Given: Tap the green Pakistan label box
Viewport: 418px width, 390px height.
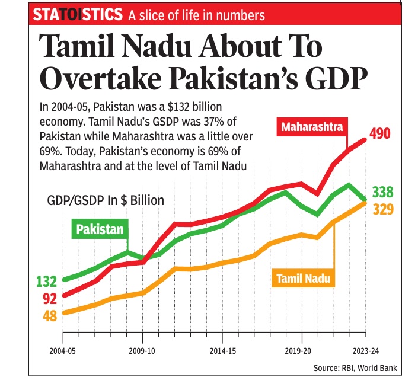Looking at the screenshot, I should [100, 228].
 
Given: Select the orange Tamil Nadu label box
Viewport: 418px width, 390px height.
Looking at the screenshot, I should [301, 278].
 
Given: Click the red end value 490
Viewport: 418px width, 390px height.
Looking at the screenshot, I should [379, 135].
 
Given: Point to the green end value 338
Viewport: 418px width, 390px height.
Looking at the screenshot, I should [384, 192].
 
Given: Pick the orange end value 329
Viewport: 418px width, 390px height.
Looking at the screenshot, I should [384, 209].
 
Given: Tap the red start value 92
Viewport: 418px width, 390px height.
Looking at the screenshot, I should [50, 298].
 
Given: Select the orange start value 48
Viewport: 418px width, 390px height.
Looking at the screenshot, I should [50, 315].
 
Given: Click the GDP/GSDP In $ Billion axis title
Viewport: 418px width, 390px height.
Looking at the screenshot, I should [106, 200].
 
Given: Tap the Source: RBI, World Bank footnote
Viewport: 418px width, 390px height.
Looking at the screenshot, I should [355, 369].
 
